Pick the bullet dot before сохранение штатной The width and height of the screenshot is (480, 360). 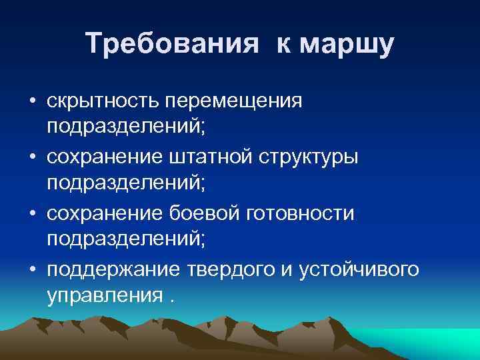tap(33, 159)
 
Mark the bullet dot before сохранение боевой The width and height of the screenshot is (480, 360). tap(33, 215)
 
